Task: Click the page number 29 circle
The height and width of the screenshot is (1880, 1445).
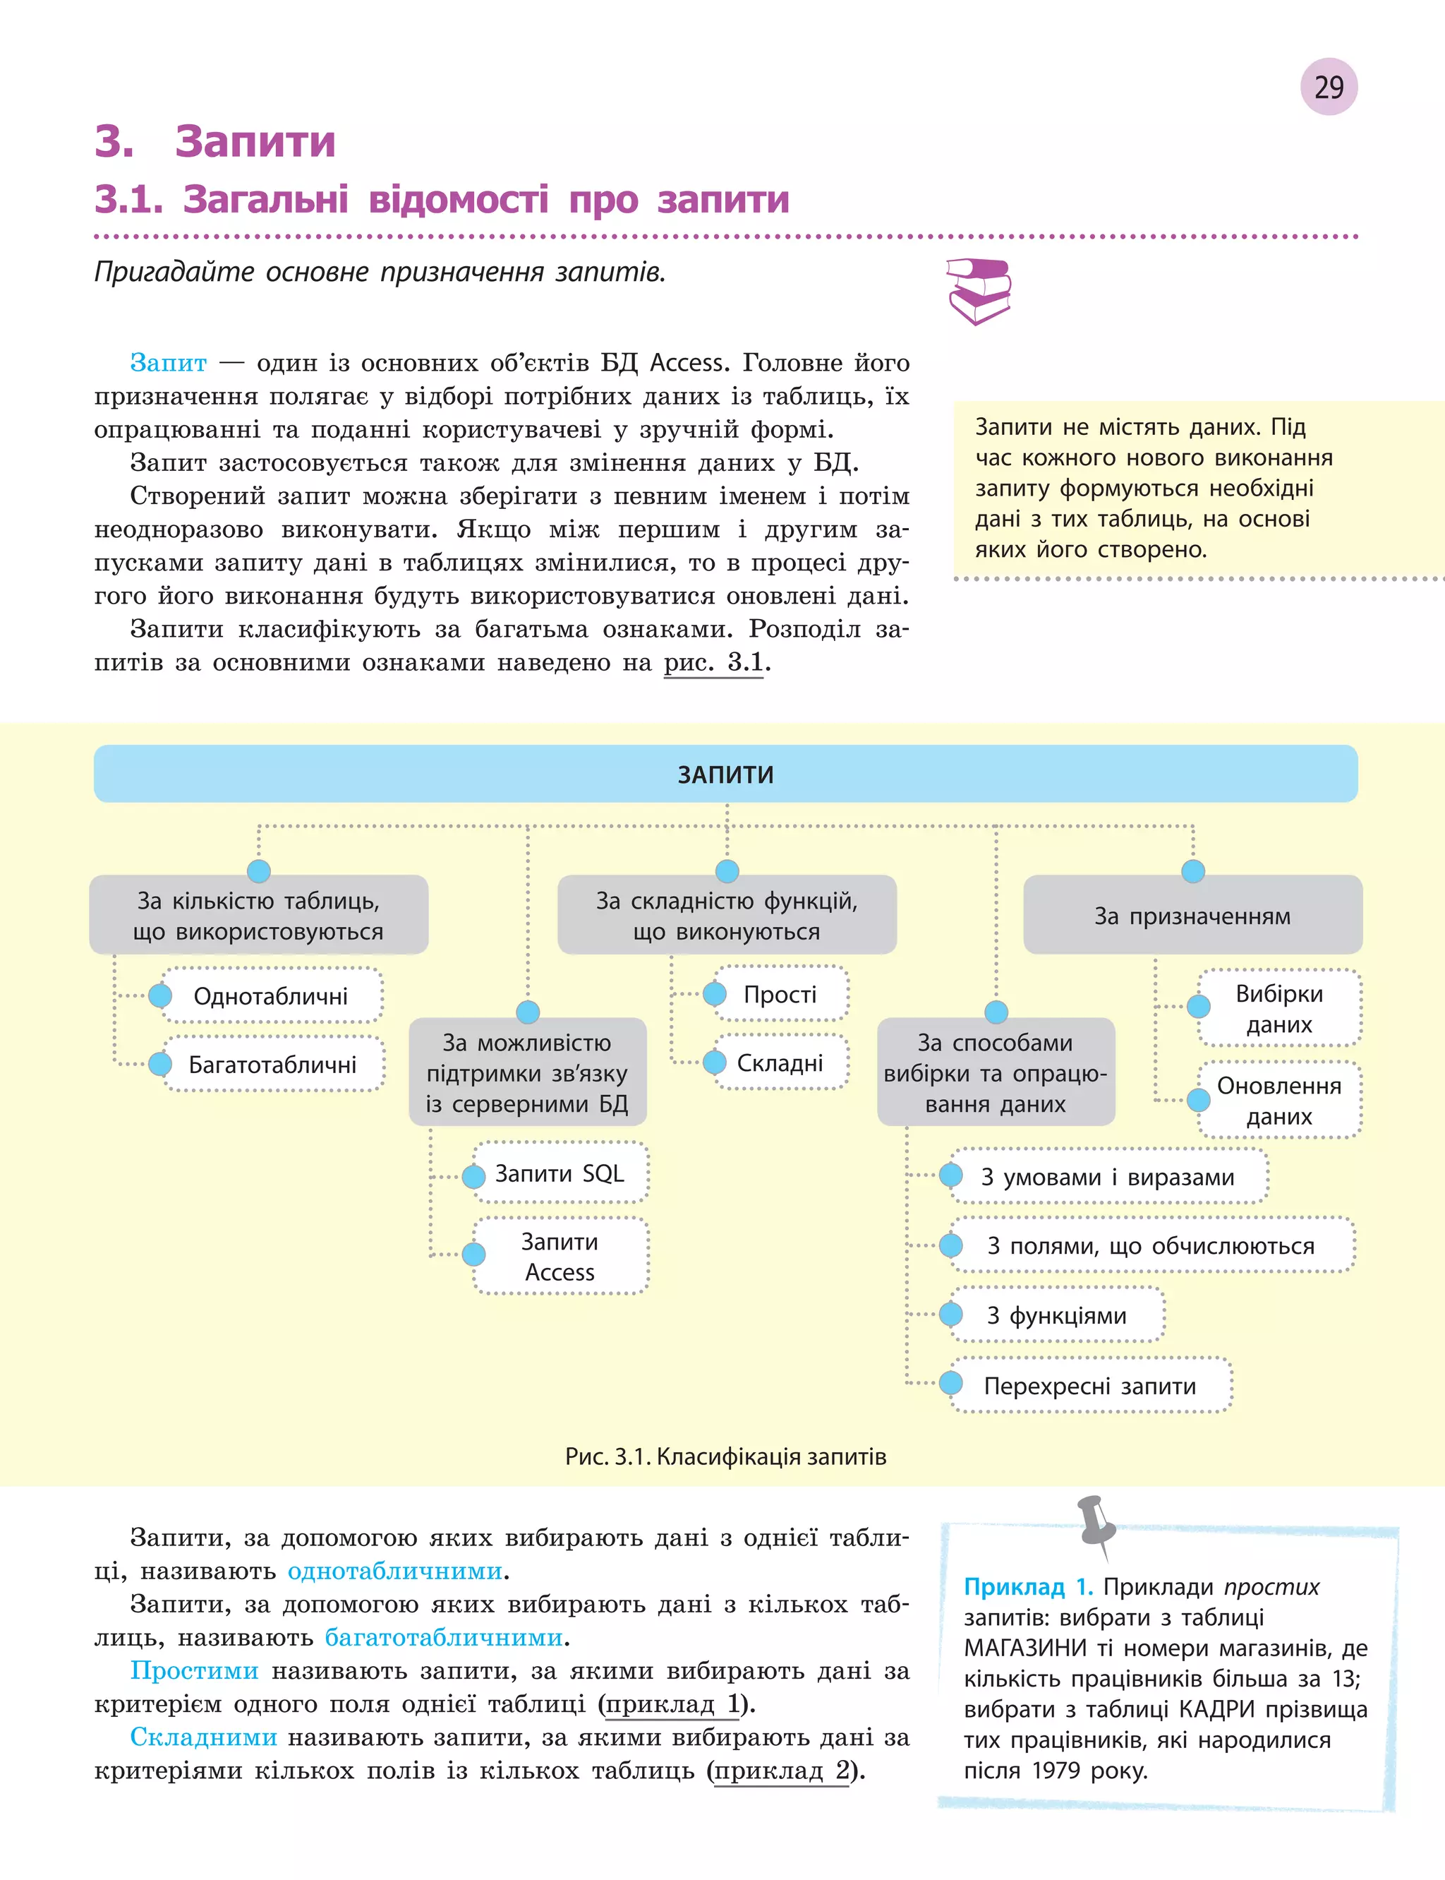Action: [1328, 87]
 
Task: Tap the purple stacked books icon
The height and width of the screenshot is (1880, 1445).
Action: [978, 291]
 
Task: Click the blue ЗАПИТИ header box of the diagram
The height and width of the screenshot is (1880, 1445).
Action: [725, 774]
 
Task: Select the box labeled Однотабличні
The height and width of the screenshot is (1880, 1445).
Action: [271, 995]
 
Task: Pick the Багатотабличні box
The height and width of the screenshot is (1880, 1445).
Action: [272, 1065]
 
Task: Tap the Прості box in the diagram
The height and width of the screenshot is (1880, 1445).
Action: [779, 994]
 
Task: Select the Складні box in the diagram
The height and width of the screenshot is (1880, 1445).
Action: [779, 1062]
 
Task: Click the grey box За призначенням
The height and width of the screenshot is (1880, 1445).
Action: [1192, 916]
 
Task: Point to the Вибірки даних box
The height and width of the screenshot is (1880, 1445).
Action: [1279, 1008]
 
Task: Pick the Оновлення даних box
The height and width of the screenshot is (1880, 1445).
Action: [1279, 1101]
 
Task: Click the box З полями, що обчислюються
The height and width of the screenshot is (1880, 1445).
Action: [1151, 1245]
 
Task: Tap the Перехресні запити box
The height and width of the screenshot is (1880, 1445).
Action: [1090, 1385]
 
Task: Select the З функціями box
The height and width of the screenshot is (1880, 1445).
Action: [1056, 1315]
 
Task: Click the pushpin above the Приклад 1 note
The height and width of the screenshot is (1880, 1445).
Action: [1096, 1523]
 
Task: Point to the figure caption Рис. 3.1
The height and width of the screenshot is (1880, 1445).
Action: [725, 1456]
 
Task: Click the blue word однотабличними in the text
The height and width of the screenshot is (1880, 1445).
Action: [395, 1570]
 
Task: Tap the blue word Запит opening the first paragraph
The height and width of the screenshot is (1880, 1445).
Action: [168, 362]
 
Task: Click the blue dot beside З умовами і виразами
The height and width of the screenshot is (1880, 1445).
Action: [950, 1175]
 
